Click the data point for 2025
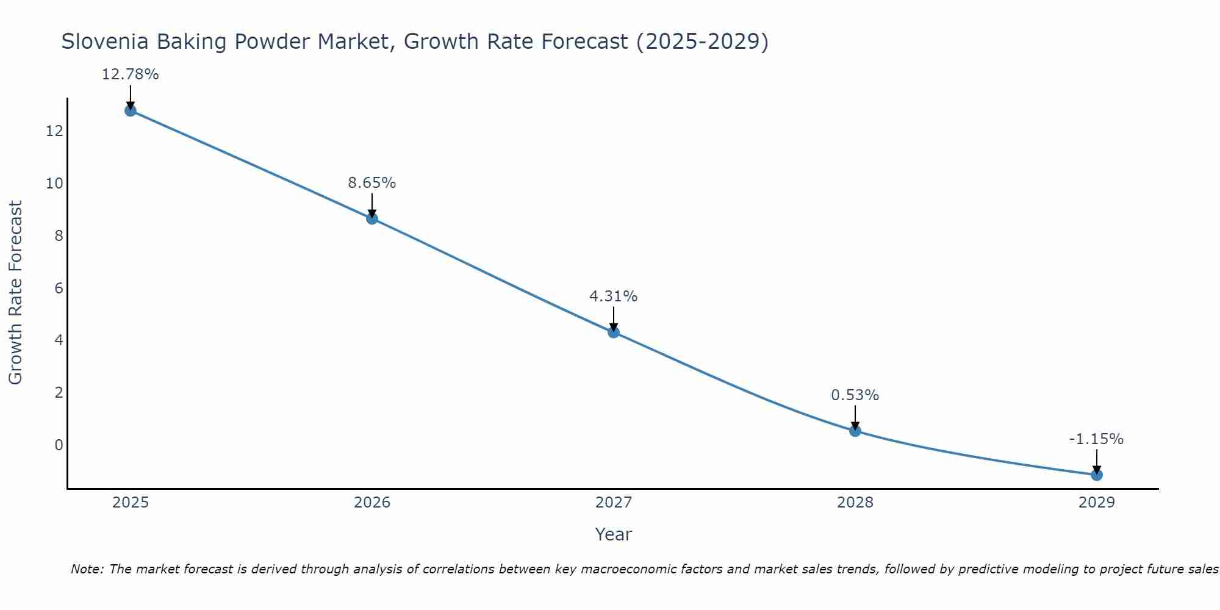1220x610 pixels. tap(131, 110)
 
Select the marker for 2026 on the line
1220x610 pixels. tap(372, 218)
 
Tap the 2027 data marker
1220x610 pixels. tap(614, 332)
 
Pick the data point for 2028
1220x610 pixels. tap(855, 431)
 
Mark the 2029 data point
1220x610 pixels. tap(1096, 475)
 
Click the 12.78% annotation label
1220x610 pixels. tap(130, 74)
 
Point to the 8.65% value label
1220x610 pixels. tap(372, 182)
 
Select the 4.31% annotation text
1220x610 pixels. tap(613, 296)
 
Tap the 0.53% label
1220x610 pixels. tap(855, 395)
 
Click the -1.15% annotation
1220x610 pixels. tap(1096, 439)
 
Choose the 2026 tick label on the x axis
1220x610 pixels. tap(372, 503)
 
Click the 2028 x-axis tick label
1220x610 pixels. tap(855, 503)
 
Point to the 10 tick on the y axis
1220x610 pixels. tap(54, 184)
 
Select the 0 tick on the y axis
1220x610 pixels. tap(59, 445)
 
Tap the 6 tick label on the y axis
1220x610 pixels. tap(59, 288)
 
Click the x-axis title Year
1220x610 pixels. tap(613, 534)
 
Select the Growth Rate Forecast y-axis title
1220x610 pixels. tap(15, 292)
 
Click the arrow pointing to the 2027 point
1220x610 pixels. tap(614, 319)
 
